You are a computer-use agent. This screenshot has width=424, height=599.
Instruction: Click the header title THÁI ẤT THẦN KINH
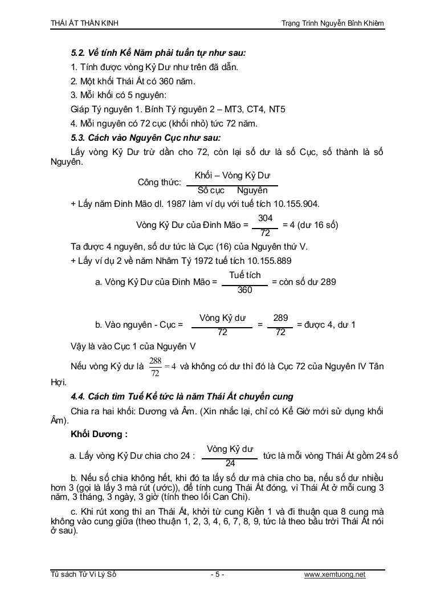tap(85, 23)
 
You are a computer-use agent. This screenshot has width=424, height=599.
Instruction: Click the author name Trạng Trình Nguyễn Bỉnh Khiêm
tap(333, 23)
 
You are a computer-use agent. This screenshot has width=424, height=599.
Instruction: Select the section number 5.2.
tap(78, 52)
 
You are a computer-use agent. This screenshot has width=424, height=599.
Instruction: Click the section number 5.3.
tap(78, 137)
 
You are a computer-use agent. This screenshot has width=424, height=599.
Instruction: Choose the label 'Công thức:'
tap(159, 182)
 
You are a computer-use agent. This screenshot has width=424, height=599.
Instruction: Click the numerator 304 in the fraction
tap(265, 218)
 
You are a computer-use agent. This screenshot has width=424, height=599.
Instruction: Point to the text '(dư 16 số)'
tap(319, 225)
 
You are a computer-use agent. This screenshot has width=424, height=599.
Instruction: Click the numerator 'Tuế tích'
tap(244, 275)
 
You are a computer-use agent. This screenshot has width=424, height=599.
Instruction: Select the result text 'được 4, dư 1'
tap(326, 324)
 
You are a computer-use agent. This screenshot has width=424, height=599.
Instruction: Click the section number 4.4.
tap(78, 396)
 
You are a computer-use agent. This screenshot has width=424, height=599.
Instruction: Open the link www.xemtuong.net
tap(335, 574)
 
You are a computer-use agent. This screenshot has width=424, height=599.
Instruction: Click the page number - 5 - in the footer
tap(217, 574)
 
